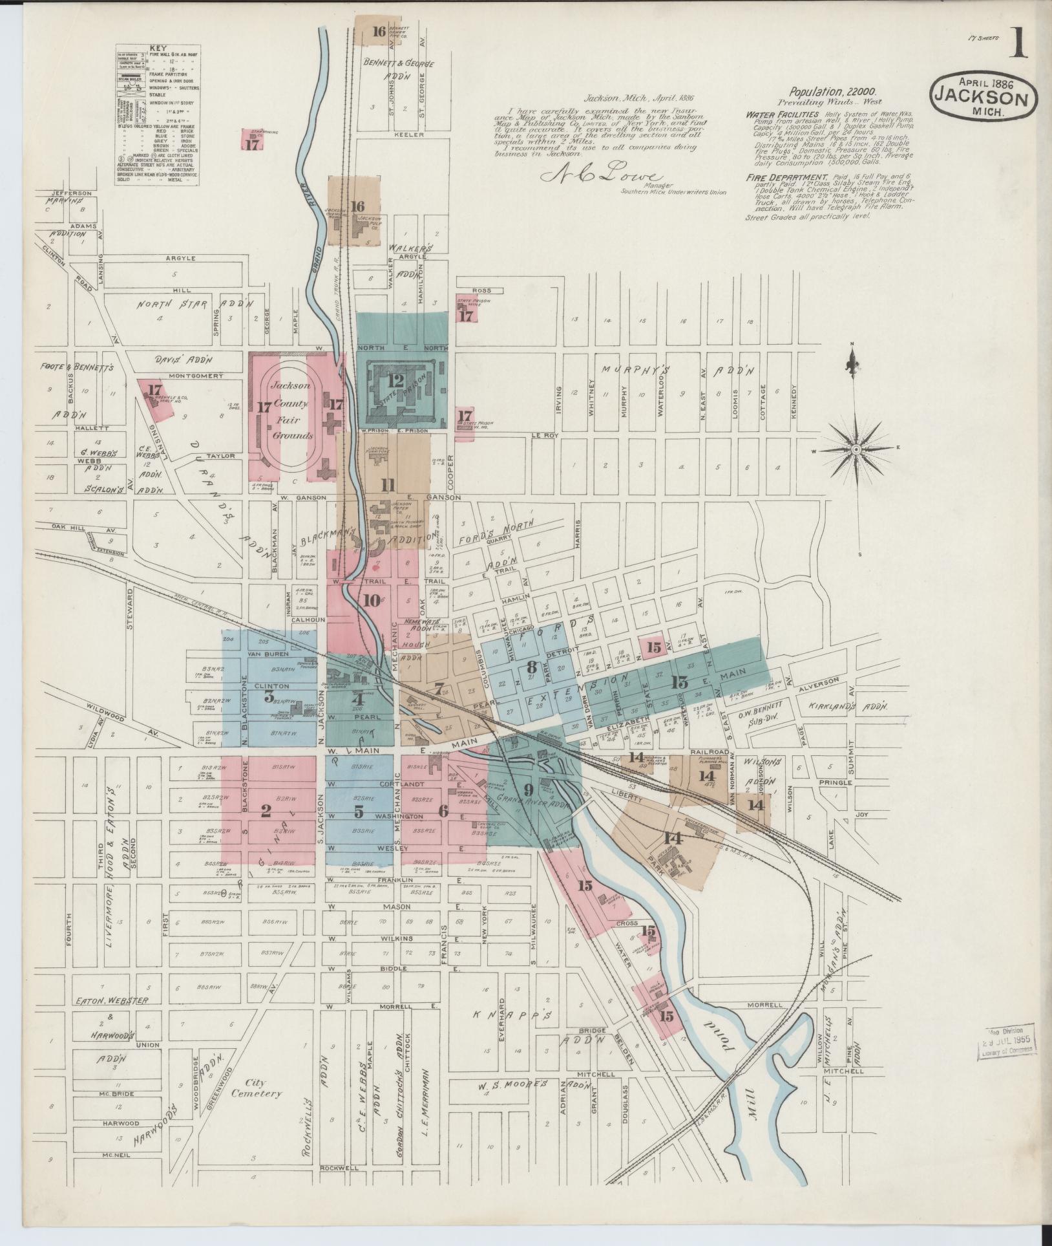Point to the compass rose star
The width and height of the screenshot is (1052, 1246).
coord(856,449)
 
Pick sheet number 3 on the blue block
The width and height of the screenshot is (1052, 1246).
coord(269,696)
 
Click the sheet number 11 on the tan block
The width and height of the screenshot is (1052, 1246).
coord(387,486)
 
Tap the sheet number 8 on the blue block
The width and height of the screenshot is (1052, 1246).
coord(532,667)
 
